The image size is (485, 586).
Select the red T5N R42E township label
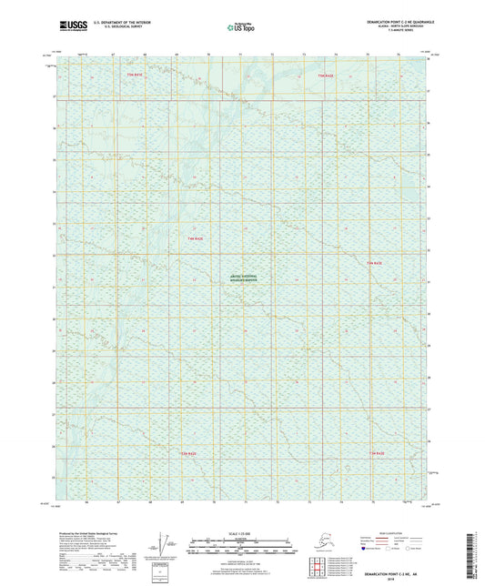tap(135, 74)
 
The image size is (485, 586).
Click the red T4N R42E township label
tap(195, 238)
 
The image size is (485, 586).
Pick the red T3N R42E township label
tap(188, 452)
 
